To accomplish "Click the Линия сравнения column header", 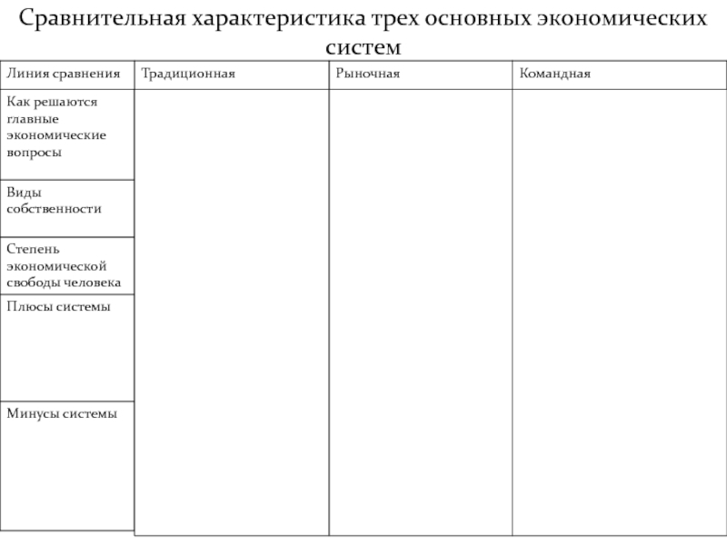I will [x=63, y=73].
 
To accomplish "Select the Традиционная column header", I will [x=188, y=73].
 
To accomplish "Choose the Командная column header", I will [x=555, y=73].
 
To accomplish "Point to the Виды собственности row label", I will [x=54, y=200].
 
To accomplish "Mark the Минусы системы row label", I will [x=62, y=413].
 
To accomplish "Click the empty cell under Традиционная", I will [x=231, y=309].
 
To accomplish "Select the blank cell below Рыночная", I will [x=420, y=309].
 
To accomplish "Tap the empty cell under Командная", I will [x=618, y=309].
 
